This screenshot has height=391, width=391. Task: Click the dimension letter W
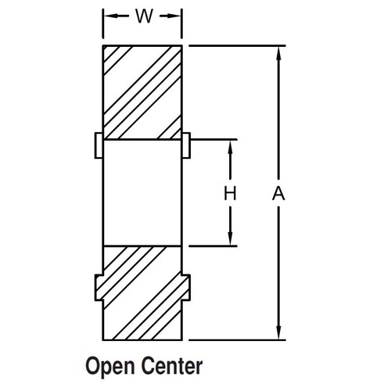(x=144, y=16)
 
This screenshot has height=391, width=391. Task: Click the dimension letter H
(x=230, y=194)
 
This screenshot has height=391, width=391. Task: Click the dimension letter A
(x=278, y=194)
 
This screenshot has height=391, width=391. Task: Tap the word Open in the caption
(x=110, y=367)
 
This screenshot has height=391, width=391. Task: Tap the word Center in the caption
(x=172, y=366)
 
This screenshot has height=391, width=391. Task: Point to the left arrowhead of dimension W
(x=110, y=16)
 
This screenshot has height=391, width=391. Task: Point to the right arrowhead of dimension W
(x=174, y=16)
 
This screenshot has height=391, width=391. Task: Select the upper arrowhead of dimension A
(x=278, y=53)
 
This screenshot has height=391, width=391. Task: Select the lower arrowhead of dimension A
(x=278, y=333)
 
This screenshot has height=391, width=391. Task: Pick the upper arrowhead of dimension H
(x=230, y=146)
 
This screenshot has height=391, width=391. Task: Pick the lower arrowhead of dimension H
(x=230, y=239)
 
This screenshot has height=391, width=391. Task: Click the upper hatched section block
(x=142, y=92)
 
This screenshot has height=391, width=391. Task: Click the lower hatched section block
(x=142, y=293)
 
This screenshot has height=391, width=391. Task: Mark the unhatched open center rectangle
(x=142, y=193)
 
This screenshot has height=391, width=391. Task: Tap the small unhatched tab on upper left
(x=99, y=145)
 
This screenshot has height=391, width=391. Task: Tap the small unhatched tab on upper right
(x=186, y=145)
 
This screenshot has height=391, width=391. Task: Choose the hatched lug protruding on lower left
(x=99, y=288)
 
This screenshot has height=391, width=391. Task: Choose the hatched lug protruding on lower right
(x=186, y=288)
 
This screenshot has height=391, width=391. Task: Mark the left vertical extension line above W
(x=103, y=23)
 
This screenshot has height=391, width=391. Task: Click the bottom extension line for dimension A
(x=237, y=340)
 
